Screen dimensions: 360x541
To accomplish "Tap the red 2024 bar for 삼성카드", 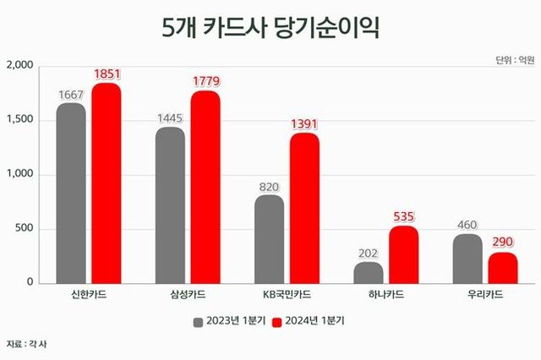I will (205, 186).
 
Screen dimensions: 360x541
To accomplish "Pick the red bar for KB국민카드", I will (304, 207).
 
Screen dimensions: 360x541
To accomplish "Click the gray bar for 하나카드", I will (369, 272).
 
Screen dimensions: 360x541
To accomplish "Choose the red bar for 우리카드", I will (503, 267).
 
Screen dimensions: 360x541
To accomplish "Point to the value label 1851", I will (107, 75).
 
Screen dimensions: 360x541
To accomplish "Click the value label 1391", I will (304, 124).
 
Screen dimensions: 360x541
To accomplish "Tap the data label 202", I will (369, 253).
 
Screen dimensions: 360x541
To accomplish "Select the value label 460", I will (467, 225).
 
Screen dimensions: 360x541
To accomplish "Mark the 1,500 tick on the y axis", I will (19, 120).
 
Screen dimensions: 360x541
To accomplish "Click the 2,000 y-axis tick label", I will (19, 66).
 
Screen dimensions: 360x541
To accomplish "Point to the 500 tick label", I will (23, 228).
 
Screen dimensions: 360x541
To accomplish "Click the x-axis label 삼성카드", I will (187, 296).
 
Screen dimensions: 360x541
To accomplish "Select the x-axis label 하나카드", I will (385, 296).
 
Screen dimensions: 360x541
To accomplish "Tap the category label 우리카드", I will (485, 296).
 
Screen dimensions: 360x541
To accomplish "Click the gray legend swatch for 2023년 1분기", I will (197, 321).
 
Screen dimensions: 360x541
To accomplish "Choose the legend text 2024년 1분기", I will (314, 321).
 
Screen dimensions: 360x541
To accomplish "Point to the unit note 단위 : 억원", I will (512, 59).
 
